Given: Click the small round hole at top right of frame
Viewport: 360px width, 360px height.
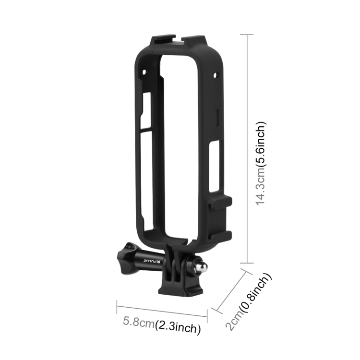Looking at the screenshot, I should click(x=216, y=76).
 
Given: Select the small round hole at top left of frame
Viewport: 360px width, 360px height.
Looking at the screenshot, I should click(x=143, y=72).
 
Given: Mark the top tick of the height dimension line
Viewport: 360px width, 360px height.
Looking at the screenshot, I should click(x=246, y=35).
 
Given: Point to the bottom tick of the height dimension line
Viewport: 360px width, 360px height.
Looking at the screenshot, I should click(x=246, y=263).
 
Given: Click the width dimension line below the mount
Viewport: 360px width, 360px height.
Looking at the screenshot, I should click(x=162, y=311).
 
